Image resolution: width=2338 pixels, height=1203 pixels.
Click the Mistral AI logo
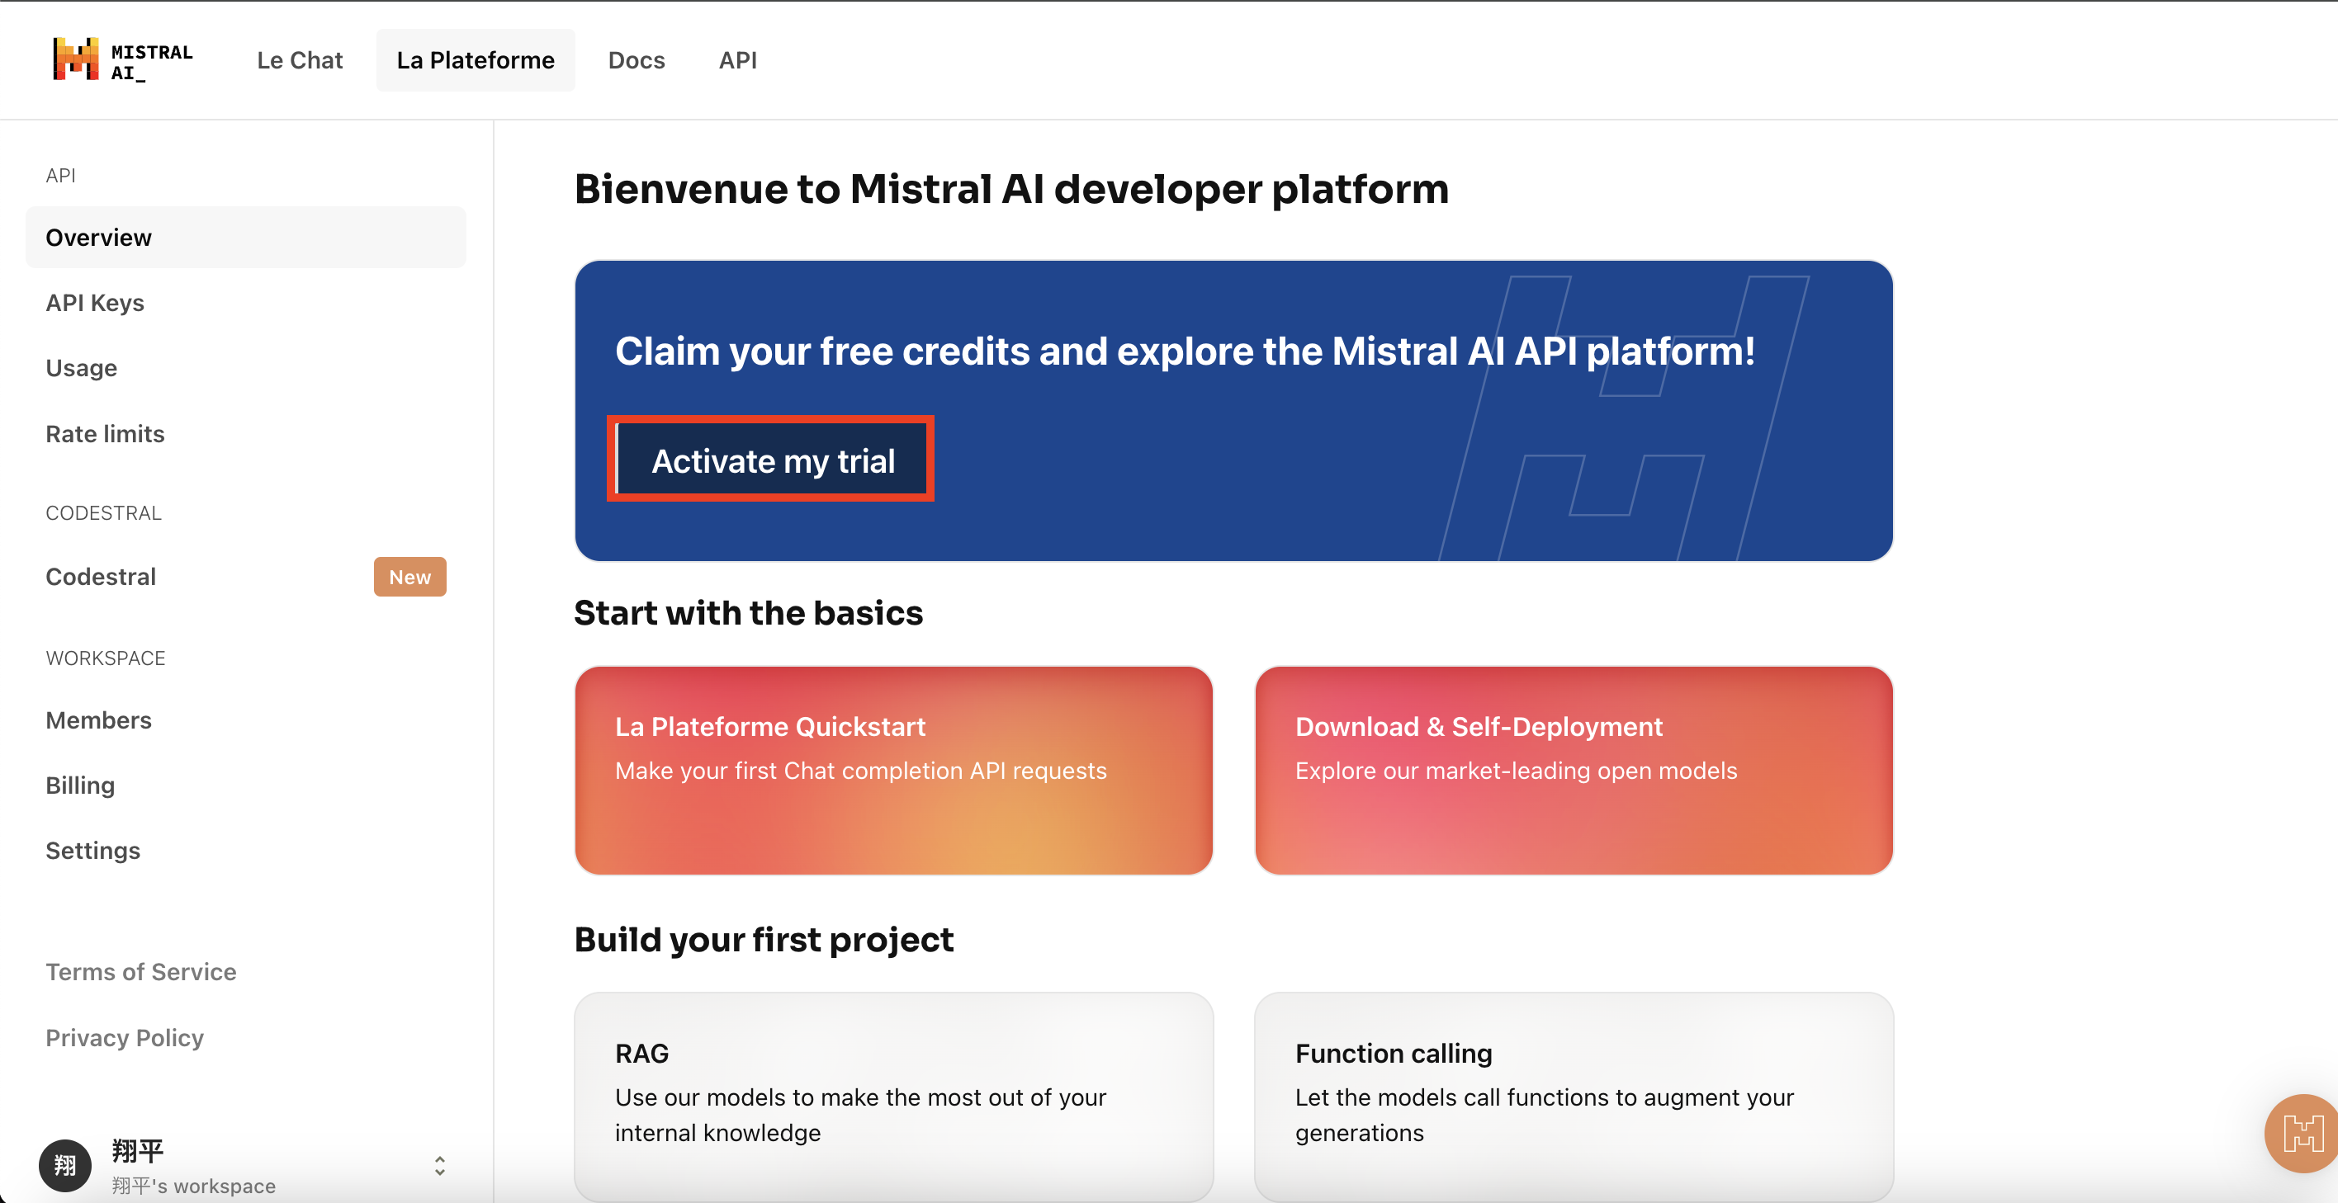click(122, 60)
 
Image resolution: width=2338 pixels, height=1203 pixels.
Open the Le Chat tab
click(300, 60)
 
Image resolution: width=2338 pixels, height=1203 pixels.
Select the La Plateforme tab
click(476, 60)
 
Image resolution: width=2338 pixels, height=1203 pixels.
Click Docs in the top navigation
click(637, 60)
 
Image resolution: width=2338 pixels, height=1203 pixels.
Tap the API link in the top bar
click(738, 60)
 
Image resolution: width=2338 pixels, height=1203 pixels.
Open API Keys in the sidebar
click(95, 302)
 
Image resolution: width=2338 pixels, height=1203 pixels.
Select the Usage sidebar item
click(82, 367)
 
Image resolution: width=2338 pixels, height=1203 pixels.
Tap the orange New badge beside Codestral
click(410, 577)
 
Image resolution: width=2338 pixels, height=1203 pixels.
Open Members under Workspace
click(99, 719)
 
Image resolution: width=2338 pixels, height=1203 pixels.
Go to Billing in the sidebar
click(81, 785)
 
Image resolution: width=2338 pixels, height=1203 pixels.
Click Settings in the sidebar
click(93, 850)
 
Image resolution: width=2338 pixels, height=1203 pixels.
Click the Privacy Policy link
click(125, 1037)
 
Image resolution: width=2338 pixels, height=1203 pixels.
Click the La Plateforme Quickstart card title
click(770, 726)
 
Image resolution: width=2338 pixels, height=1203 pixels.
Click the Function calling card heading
click(1394, 1054)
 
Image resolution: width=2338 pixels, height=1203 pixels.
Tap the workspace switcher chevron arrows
click(440, 1166)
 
